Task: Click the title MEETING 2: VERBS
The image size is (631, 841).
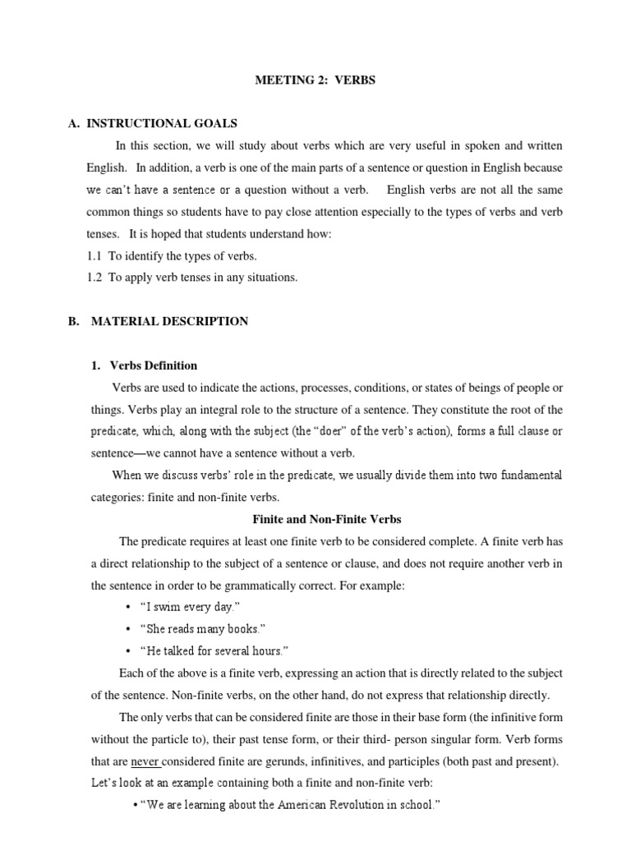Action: coord(315,80)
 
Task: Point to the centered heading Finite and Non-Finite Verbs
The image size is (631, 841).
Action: coord(325,519)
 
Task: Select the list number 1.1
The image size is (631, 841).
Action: coord(94,256)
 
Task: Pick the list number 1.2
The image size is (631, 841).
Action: coord(94,278)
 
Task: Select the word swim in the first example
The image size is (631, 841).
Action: coord(172,607)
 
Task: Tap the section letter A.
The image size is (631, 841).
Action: coord(73,123)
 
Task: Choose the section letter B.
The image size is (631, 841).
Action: coord(73,321)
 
